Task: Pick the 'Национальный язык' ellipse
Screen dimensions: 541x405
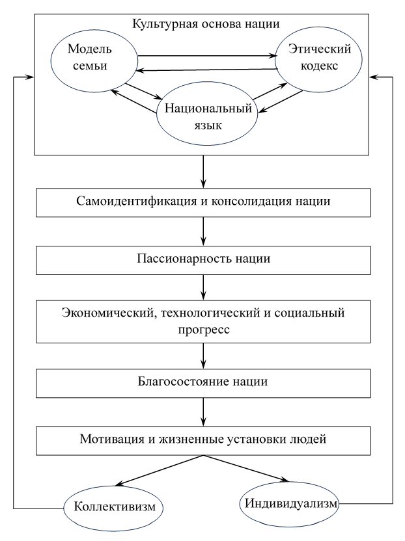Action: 204,116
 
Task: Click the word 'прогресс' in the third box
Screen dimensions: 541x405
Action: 204,330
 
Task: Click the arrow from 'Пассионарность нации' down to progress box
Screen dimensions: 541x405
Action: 204,287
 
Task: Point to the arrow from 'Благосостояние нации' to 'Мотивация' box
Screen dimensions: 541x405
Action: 204,410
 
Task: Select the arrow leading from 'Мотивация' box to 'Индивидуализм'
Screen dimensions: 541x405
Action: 247,468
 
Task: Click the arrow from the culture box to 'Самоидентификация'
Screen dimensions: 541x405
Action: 204,171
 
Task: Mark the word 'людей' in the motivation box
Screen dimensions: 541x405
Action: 326,439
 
